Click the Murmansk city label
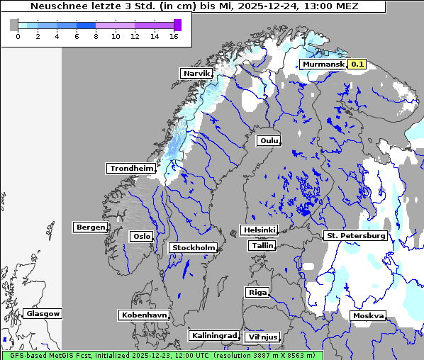[323, 64]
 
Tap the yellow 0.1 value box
[357, 64]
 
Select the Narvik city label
[196, 74]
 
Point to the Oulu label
[268, 140]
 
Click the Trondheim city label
[131, 169]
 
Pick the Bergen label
[89, 227]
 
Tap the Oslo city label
[141, 236]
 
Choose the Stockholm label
[193, 247]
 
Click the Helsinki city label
[258, 230]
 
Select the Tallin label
[262, 245]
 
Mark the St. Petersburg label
[355, 235]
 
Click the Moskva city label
[368, 315]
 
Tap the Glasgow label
[43, 313]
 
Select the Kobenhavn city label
[144, 315]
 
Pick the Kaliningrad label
[213, 335]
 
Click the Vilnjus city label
[262, 337]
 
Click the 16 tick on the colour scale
[174, 36]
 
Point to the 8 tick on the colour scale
[96, 36]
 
